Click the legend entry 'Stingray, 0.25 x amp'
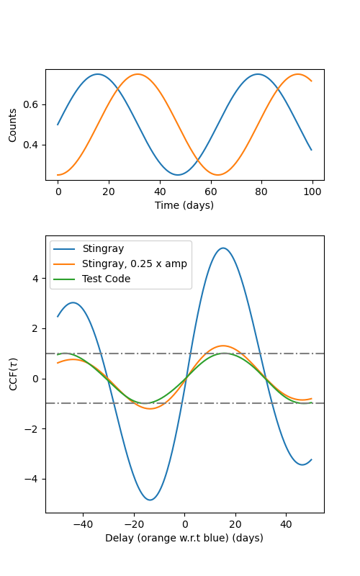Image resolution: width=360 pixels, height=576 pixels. pos(135,264)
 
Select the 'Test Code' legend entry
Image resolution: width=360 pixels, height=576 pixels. pos(107,279)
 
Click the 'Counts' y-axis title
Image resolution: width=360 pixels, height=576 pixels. pos(13,125)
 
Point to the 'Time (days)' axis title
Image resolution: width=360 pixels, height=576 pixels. pos(184,205)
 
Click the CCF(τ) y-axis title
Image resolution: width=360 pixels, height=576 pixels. pos(13,374)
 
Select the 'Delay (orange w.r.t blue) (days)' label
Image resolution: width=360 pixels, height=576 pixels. pos(184,538)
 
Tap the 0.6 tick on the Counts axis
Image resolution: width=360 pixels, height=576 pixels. pos(32,104)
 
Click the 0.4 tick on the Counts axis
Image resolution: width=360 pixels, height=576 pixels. pos(32,145)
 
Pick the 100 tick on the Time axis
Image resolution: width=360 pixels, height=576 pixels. pos(312,191)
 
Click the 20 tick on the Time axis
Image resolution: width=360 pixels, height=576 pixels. pos(109,191)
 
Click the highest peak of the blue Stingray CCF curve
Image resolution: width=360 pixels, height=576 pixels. pos(222,248)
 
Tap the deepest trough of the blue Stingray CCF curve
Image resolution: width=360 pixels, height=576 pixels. pos(149,500)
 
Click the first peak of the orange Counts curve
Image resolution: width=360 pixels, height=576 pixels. pos(138,74)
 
